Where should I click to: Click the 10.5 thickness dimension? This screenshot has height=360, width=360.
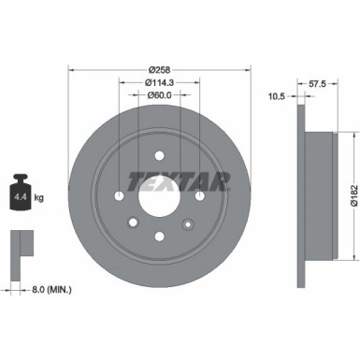pyautogui.click(x=277, y=95)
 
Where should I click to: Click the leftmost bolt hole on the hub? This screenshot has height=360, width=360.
pyautogui.click(x=120, y=197)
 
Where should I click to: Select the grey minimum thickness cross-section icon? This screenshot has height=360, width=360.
pyautogui.click(x=20, y=250)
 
